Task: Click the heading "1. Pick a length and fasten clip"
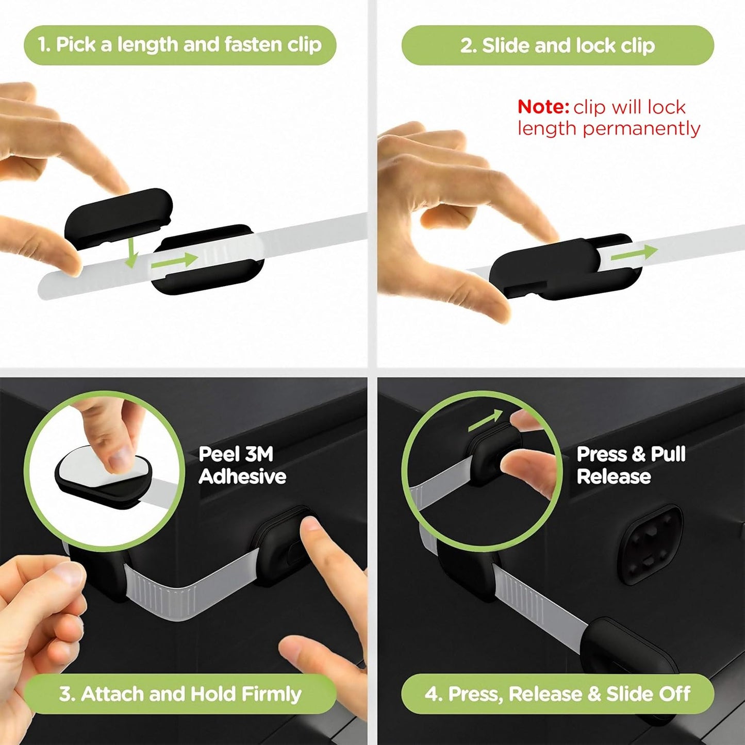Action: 180,45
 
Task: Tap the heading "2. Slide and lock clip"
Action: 557,45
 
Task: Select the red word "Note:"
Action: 543,107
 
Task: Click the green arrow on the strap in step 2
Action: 634,253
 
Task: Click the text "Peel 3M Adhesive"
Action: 242,465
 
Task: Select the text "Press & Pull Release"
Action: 631,465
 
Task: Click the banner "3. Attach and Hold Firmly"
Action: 180,694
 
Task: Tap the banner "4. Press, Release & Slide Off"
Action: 557,694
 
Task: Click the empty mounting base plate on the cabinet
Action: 650,544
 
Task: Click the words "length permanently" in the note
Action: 608,128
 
